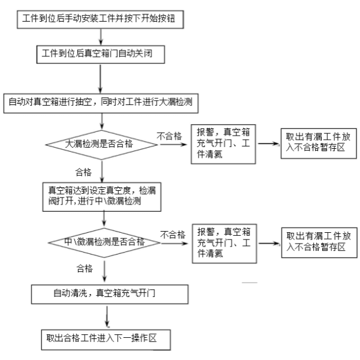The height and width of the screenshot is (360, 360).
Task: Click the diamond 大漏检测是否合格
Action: click(x=99, y=143)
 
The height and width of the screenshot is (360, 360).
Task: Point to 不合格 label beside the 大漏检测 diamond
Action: click(x=169, y=136)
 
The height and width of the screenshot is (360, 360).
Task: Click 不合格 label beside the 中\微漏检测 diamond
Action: click(x=172, y=234)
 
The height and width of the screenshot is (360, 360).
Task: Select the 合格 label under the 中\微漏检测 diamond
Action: click(x=85, y=267)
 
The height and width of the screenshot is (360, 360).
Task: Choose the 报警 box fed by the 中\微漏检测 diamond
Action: click(x=224, y=242)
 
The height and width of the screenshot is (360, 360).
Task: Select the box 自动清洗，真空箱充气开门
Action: click(x=106, y=294)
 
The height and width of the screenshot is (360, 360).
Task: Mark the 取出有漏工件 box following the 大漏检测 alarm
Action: click(x=316, y=143)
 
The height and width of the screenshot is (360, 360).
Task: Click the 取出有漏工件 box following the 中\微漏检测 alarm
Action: click(x=316, y=241)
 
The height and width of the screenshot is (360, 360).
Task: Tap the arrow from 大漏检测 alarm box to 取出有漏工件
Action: click(x=268, y=145)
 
